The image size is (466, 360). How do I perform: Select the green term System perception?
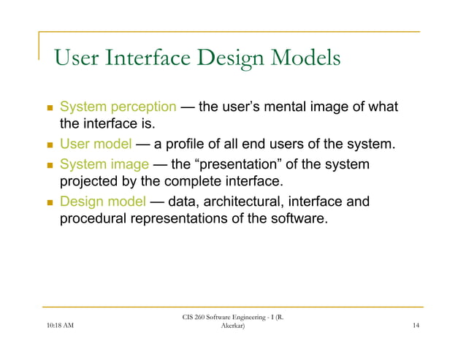118,107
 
